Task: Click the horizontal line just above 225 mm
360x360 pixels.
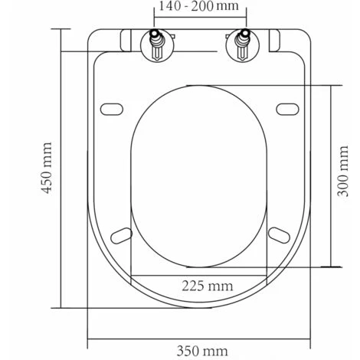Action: click(201, 274)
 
